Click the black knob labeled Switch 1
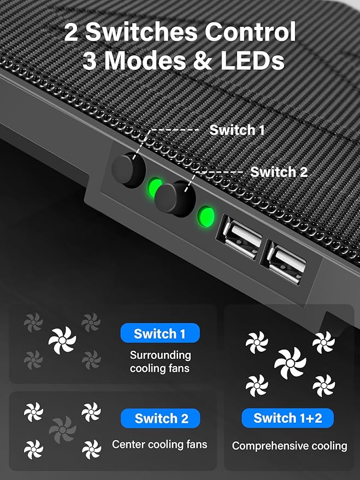pyautogui.click(x=129, y=170)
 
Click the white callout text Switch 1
pyautogui.click(x=237, y=130)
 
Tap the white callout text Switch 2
pyautogui.click(x=279, y=172)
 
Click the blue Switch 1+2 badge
pyautogui.click(x=287, y=418)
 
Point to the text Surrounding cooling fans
pyautogui.click(x=160, y=362)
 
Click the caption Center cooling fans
pyautogui.click(x=160, y=445)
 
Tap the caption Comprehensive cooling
pyautogui.click(x=289, y=446)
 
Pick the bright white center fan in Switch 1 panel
pyautogui.click(x=62, y=341)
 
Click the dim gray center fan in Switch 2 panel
pyautogui.click(x=62, y=430)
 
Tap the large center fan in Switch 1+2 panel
pyautogui.click(x=290, y=363)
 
